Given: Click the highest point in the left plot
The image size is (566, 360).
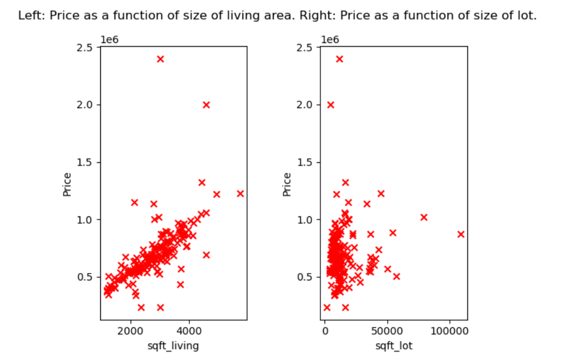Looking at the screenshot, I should (160, 59).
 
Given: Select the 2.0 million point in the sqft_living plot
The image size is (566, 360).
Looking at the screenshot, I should (206, 105).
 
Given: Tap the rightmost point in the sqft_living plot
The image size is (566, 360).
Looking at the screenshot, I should (240, 194).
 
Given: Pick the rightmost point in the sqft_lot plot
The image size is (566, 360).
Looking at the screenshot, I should (461, 234).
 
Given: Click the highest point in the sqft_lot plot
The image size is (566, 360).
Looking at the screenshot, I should (339, 59).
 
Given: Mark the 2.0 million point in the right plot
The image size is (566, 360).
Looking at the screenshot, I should (330, 105).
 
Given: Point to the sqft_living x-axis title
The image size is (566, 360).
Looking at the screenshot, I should (173, 346).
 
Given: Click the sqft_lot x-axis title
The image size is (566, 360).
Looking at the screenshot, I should (394, 346).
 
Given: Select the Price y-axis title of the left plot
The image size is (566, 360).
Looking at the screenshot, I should (67, 185).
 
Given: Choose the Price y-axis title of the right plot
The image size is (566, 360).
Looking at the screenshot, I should (287, 185).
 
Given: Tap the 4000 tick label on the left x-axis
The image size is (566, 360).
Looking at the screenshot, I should (190, 332).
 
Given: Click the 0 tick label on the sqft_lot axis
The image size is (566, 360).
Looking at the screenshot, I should (325, 332).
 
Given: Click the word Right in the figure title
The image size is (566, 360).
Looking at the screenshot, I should (310, 16).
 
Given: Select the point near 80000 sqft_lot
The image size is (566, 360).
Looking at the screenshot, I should (424, 217).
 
